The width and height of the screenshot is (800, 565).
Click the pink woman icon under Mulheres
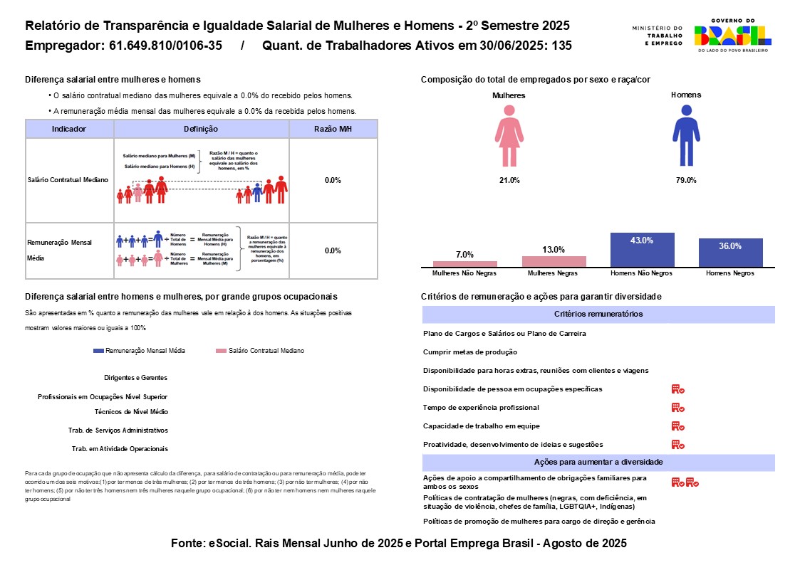click(509, 136)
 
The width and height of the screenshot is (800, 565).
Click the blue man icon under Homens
click(685, 135)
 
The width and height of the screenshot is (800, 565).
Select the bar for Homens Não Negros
click(642, 250)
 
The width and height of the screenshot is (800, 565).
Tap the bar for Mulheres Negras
click(554, 261)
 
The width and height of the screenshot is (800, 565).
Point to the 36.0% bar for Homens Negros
click(730, 253)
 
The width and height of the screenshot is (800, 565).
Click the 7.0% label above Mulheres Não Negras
click(464, 254)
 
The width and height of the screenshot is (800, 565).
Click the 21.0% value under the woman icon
click(509, 180)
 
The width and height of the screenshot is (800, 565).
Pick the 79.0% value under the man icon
click(685, 180)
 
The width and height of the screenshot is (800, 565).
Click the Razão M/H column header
click(333, 129)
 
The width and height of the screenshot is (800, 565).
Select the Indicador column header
click(69, 129)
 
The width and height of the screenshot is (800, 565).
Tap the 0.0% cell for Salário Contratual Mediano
click(333, 180)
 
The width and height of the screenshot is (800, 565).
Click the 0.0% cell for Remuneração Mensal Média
click(333, 250)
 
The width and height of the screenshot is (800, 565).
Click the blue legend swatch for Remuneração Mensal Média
click(98, 351)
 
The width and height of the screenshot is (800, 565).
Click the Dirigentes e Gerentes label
click(135, 378)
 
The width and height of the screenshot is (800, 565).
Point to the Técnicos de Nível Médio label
click(131, 411)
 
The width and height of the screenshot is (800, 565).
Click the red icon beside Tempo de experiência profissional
click(677, 408)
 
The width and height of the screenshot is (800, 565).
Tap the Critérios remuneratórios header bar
click(598, 314)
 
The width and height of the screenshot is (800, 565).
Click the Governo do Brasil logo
click(732, 36)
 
